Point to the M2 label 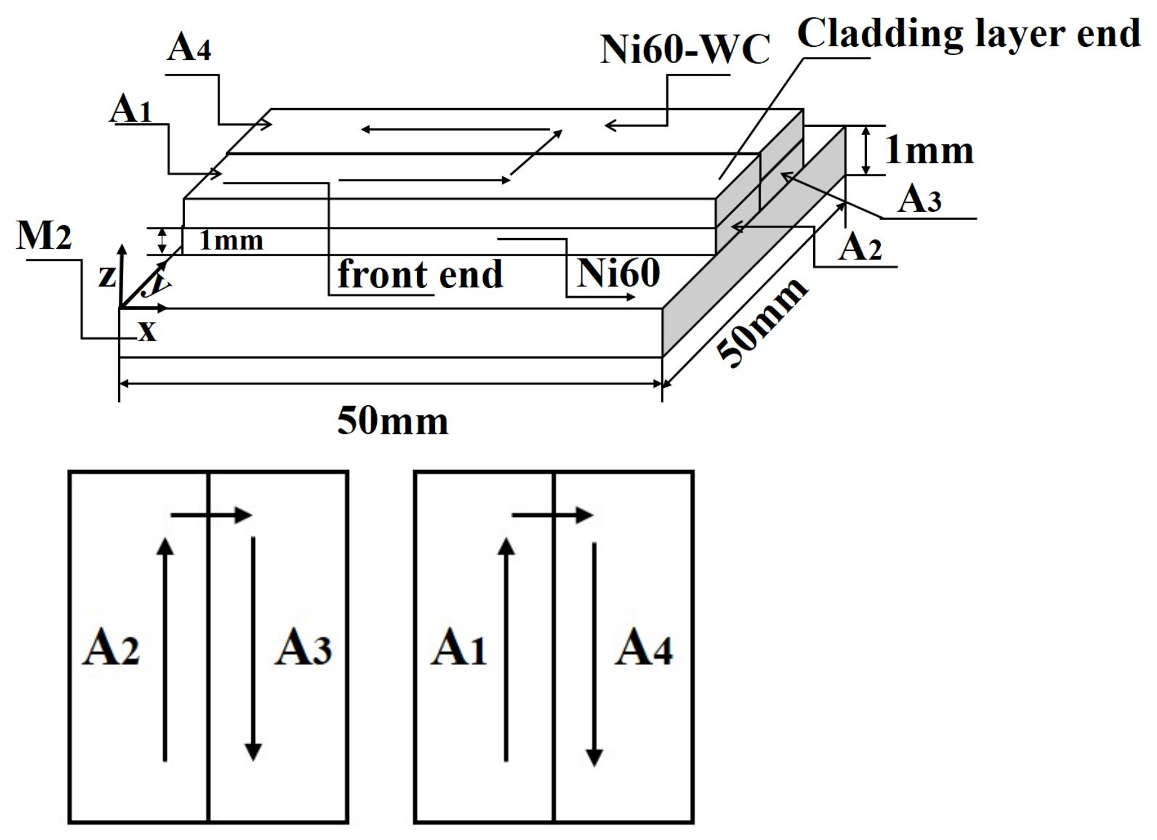pos(44,236)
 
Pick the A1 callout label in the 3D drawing pos(131,110)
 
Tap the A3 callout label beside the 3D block pos(919,200)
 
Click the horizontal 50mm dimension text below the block pos(393,421)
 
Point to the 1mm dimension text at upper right pos(929,151)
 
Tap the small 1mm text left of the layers pos(231,241)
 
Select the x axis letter pos(148,331)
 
